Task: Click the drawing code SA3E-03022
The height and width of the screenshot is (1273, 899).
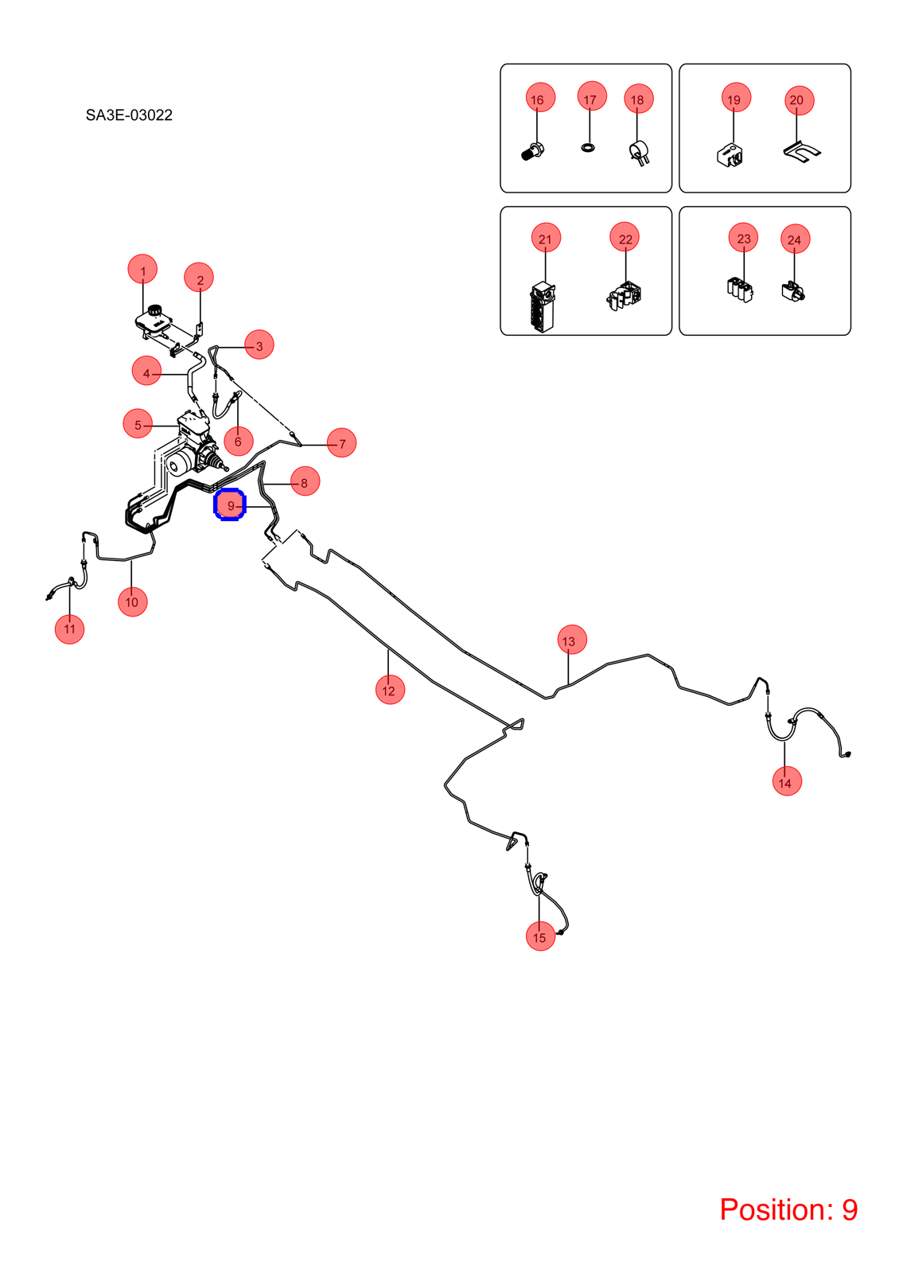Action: coord(129,115)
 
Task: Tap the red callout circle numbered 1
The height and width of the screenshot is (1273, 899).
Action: coord(142,270)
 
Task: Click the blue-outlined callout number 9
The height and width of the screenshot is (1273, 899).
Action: coord(230,504)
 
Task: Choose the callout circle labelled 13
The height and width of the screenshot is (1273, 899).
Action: coord(572,640)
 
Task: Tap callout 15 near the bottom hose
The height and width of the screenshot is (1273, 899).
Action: coord(540,936)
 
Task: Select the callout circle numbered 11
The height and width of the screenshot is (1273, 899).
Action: coord(69,629)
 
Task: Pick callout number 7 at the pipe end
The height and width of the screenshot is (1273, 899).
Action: coord(341,442)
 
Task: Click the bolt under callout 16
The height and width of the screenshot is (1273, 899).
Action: coord(532,152)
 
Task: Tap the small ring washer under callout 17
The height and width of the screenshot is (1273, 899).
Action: coord(589,148)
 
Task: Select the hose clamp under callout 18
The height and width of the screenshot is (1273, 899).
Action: coord(640,154)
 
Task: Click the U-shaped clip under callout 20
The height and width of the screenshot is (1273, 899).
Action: coord(802,152)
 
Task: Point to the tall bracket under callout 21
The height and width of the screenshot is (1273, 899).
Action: coord(543,307)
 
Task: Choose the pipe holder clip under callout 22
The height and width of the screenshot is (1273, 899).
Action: coord(624,296)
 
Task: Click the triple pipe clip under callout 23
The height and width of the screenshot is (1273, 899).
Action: coord(740,290)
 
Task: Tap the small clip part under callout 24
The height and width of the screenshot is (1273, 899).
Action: coord(793,291)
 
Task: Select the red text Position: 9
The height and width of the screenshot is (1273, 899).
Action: coord(788,1209)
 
